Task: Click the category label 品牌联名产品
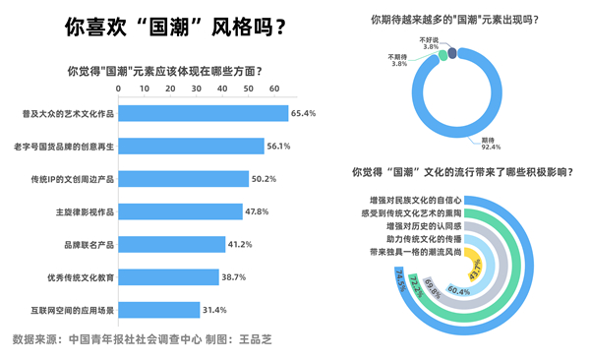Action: point(87,244)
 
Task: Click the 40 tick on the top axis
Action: point(222,89)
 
